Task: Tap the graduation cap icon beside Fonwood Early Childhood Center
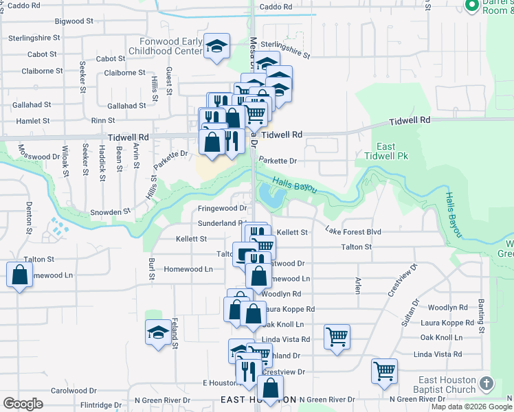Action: [x=217, y=47]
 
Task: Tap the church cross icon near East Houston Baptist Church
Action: [x=487, y=383]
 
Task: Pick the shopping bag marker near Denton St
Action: [x=19, y=275]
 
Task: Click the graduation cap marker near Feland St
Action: [x=158, y=333]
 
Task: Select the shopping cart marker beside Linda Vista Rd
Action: [x=337, y=336]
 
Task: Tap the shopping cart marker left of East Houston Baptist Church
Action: [x=384, y=371]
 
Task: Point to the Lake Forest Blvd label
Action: [x=353, y=232]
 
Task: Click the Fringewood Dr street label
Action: [x=223, y=208]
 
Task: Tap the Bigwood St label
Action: [x=74, y=21]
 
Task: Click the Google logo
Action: [x=23, y=404]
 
